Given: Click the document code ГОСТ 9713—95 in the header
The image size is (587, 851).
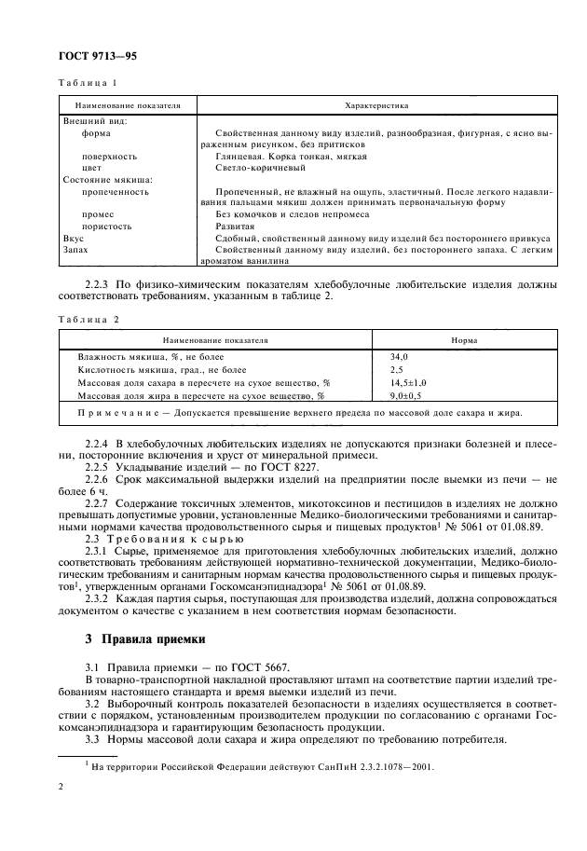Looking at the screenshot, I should pos(98,58).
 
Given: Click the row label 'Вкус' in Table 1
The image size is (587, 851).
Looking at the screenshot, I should pos(73,239).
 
